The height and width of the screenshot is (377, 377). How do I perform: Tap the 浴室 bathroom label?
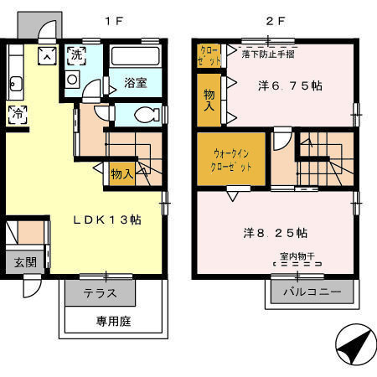pos(136,84)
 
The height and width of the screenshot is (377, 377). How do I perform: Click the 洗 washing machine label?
pos(76,56)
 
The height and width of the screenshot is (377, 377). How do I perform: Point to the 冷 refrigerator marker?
pos(17,114)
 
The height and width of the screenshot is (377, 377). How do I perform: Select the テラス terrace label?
pos(100,294)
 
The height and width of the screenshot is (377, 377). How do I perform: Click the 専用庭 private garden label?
pos(114,321)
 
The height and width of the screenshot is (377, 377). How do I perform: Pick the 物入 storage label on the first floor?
pos(121,173)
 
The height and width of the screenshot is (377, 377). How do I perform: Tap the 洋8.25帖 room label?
pos(276,232)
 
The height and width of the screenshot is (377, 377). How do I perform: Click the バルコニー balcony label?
pos(311,293)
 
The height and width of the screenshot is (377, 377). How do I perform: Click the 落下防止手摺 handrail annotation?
pos(266,53)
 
